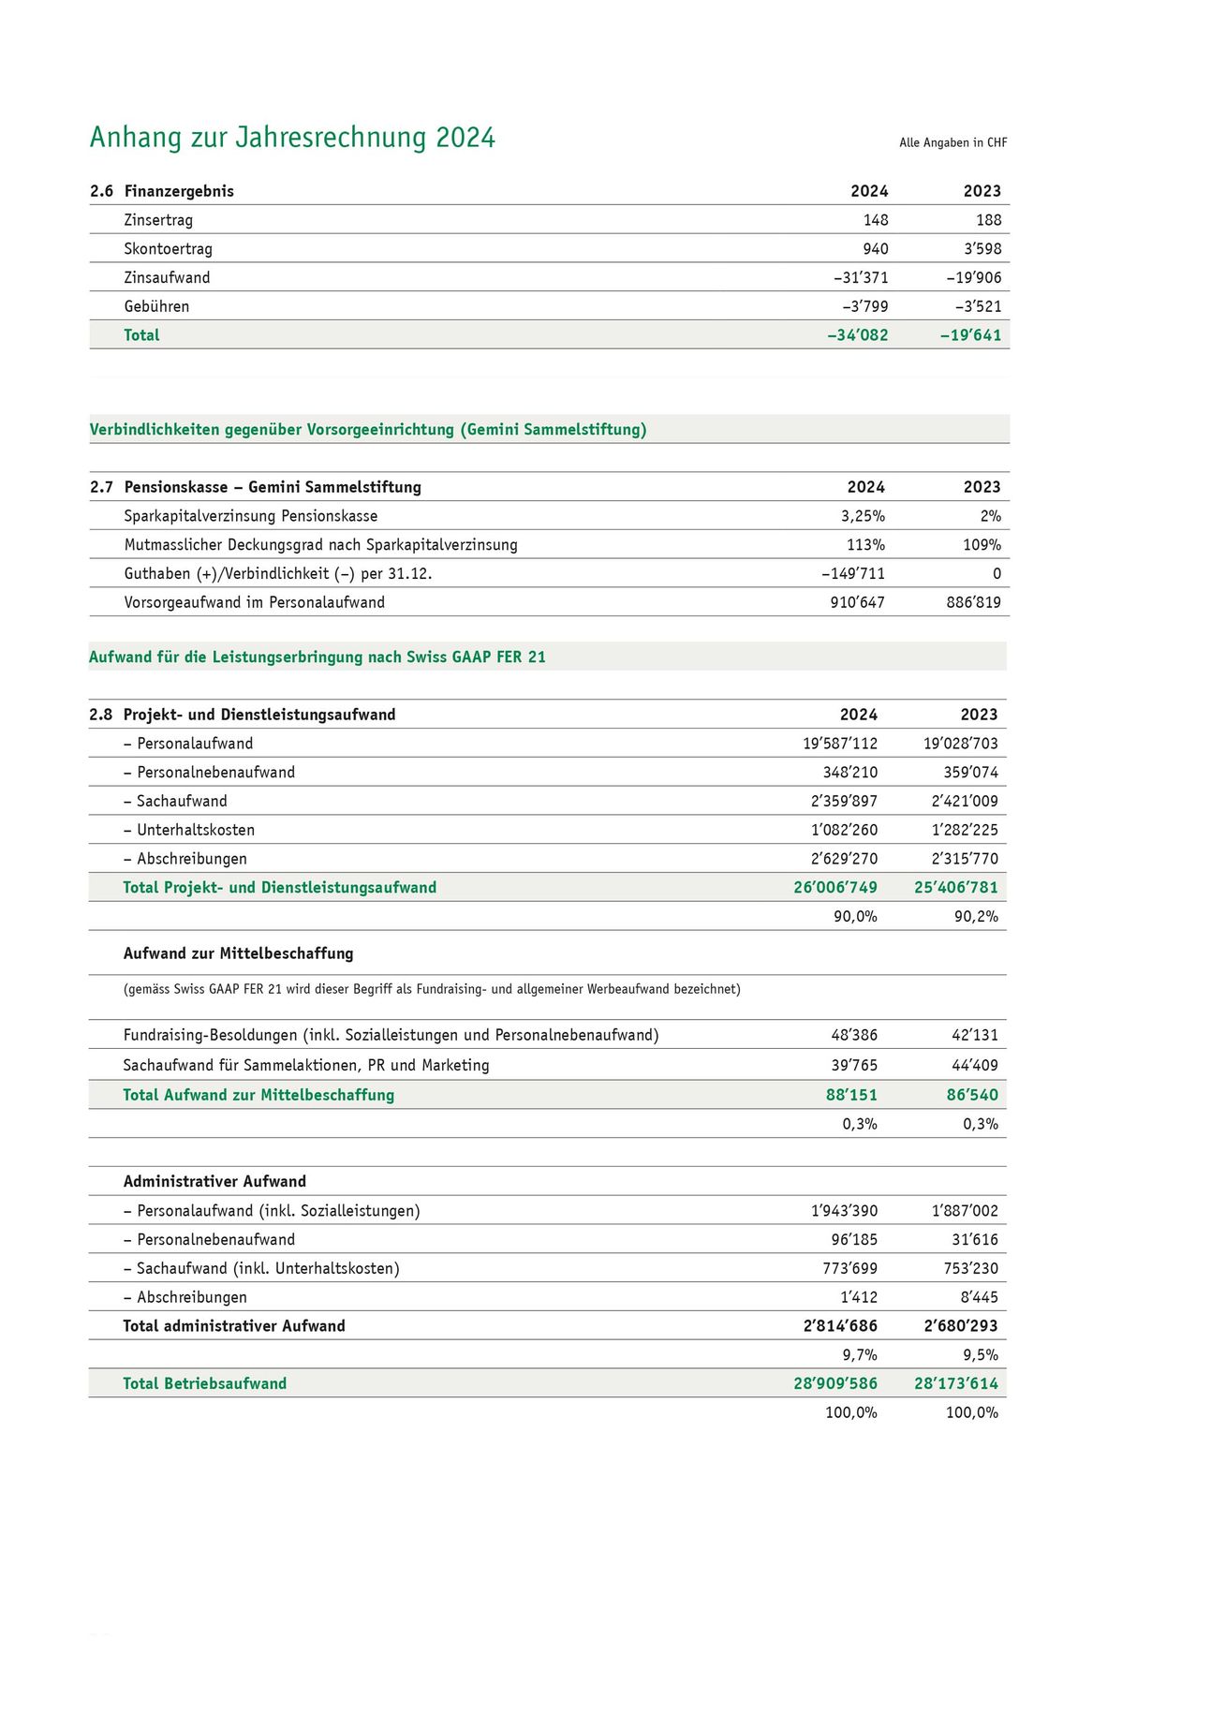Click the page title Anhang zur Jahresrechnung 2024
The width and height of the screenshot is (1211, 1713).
[x=292, y=138]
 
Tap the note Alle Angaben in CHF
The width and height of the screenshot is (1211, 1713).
[x=953, y=142]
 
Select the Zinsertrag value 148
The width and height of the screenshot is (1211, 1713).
[x=876, y=220]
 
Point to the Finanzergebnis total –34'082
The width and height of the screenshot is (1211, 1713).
[x=857, y=335]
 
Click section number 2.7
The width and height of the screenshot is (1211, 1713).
[x=101, y=487]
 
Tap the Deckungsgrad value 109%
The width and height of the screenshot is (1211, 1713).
[x=982, y=545]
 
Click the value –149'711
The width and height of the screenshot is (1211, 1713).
[x=853, y=574]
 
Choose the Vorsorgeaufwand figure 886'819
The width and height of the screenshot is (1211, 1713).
[x=973, y=602]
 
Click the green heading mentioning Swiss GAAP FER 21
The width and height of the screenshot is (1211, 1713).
[x=317, y=657]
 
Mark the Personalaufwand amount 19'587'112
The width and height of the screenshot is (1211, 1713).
[x=840, y=744]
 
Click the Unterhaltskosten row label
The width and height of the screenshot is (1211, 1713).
[x=189, y=830]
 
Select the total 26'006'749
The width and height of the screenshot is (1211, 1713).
[x=835, y=888]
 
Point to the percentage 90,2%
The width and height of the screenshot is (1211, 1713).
[x=976, y=917]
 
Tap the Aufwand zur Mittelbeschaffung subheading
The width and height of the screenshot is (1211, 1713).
[x=238, y=953]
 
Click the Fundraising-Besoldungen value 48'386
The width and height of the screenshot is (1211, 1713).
[x=854, y=1036]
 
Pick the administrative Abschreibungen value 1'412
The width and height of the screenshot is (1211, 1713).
[x=859, y=1298]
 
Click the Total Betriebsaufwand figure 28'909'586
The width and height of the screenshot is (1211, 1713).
[x=835, y=1384]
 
